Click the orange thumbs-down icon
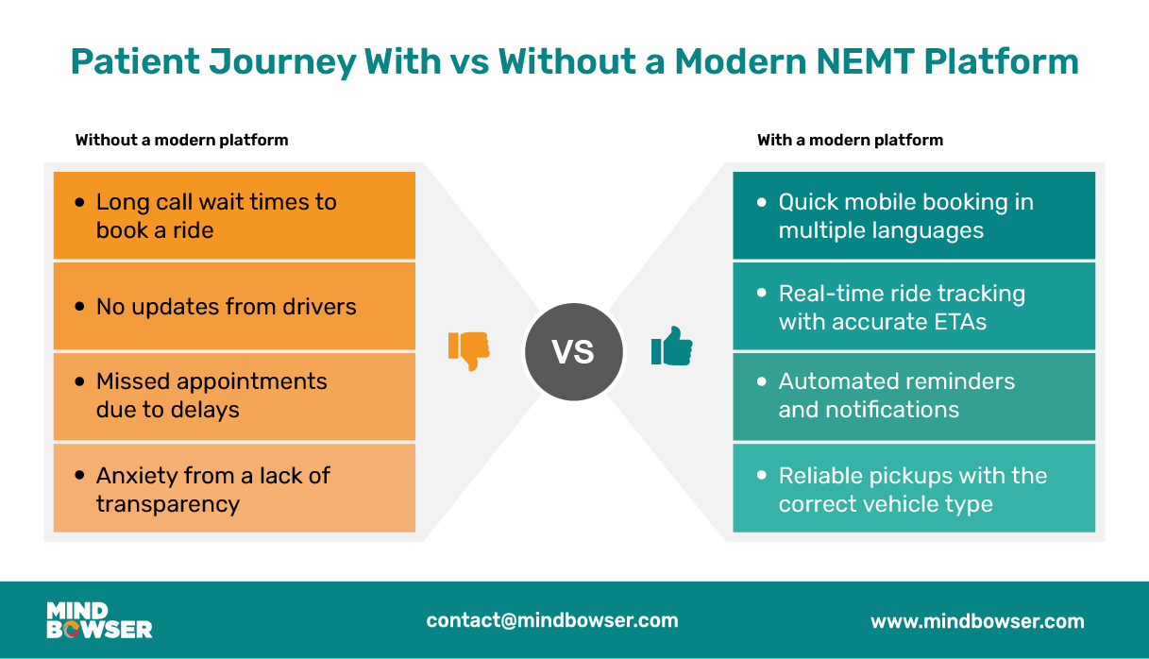[468, 350]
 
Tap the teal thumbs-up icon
[672, 346]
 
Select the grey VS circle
[573, 351]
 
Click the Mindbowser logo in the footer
[99, 620]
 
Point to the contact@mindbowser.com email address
[552, 620]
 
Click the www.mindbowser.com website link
[977, 621]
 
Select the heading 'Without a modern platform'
[181, 140]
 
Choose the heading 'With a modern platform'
[850, 140]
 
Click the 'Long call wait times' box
[234, 215]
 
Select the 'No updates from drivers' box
[234, 306]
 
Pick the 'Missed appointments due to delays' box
[234, 396]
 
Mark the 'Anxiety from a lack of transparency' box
[234, 488]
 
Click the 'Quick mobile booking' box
[914, 215]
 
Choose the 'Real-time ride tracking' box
[914, 307]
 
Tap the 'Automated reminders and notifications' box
[914, 396]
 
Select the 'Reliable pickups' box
[914, 488]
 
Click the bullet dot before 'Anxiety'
[80, 476]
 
